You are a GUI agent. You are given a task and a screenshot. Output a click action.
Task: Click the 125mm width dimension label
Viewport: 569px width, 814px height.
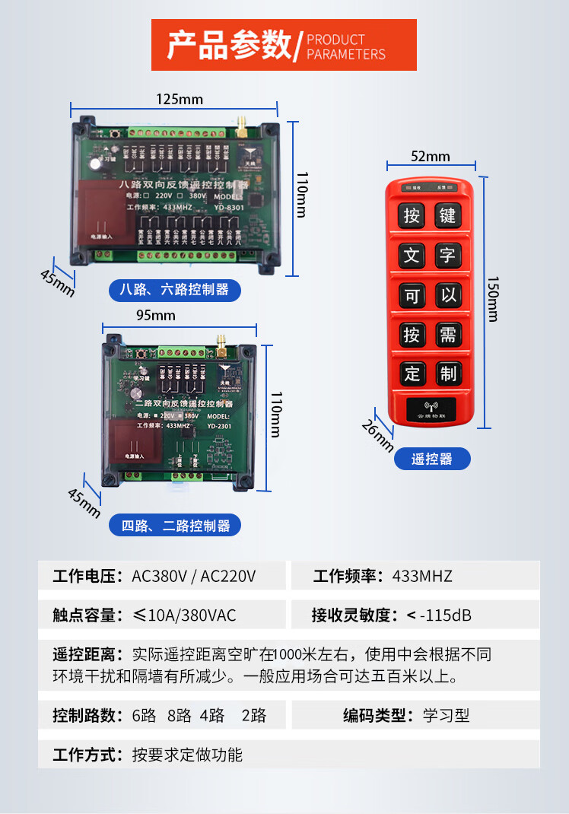coord(180,99)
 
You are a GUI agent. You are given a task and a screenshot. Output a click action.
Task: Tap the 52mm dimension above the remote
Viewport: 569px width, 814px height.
coord(431,157)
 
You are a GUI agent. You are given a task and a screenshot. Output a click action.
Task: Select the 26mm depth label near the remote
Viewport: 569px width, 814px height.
coord(377,435)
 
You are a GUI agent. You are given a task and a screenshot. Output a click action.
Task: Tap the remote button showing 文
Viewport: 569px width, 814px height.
coord(412,255)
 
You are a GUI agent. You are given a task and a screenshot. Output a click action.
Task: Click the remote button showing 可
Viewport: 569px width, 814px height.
coord(412,294)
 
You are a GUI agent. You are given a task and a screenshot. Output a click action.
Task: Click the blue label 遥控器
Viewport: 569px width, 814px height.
coord(432,459)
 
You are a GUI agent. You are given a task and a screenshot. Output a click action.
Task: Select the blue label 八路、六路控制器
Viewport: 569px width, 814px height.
coord(174,290)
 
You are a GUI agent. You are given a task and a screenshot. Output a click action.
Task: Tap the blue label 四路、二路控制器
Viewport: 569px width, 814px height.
coord(175,525)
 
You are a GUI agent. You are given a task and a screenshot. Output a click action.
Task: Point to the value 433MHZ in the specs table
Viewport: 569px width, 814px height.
coord(422,576)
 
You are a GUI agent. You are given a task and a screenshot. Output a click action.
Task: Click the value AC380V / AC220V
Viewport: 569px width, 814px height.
coord(194,576)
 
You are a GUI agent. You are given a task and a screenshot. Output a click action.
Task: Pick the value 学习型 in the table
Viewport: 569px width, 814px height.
coord(447,715)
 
